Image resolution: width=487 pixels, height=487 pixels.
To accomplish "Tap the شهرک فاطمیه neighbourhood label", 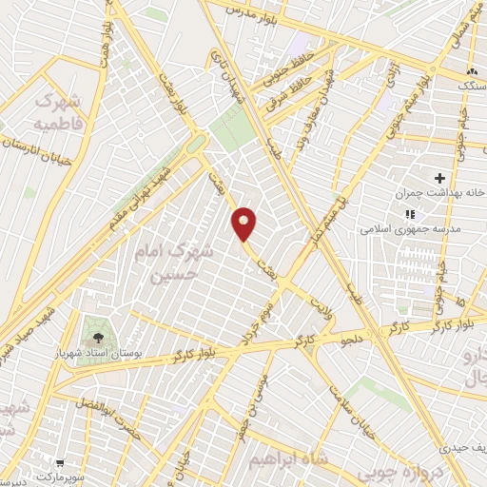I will [59, 111].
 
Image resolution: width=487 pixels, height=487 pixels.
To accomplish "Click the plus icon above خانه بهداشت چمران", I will [439, 178].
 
